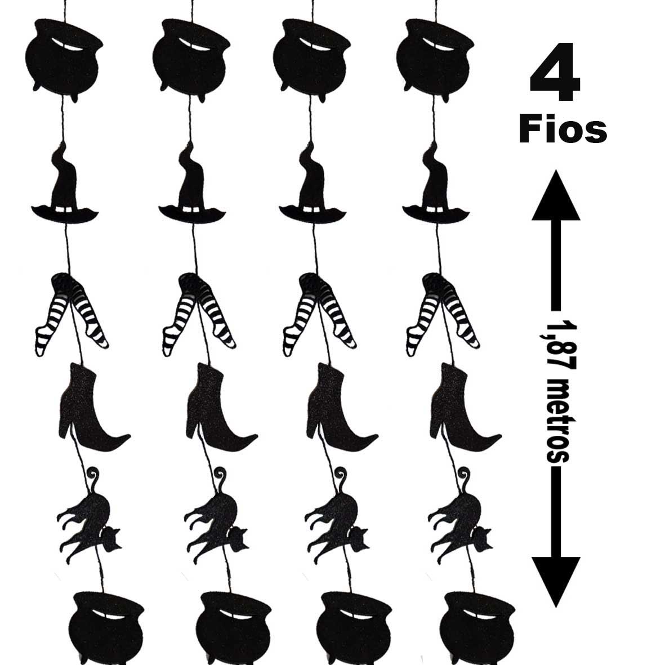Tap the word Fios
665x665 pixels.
coord(563,130)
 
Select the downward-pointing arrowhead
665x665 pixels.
coord(556,582)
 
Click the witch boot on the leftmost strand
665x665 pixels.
coord(93,407)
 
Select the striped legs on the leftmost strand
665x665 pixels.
coord(72,314)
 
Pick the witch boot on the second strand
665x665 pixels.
coord(221,407)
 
